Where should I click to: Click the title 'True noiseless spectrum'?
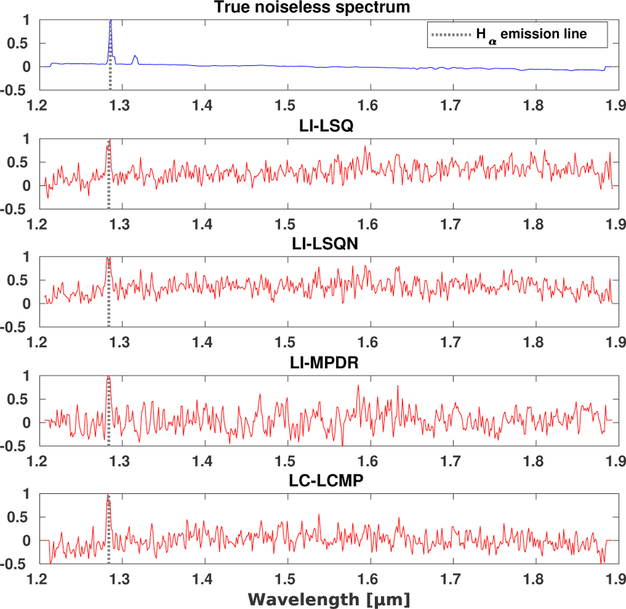[312, 7]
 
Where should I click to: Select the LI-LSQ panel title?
[326, 126]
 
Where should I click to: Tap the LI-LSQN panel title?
[325, 244]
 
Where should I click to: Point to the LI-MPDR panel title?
[324, 362]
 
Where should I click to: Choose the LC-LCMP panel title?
[326, 480]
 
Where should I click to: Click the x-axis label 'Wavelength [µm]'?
[329, 599]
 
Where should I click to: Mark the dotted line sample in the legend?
[451, 35]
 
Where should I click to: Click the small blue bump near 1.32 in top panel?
[135, 57]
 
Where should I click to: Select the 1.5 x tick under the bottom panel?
[285, 579]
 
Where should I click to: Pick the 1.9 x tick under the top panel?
[616, 105]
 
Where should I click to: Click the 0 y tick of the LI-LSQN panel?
[27, 304]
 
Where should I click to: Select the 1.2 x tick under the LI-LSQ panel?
[37, 224]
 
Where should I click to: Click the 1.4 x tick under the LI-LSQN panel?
[202, 342]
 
